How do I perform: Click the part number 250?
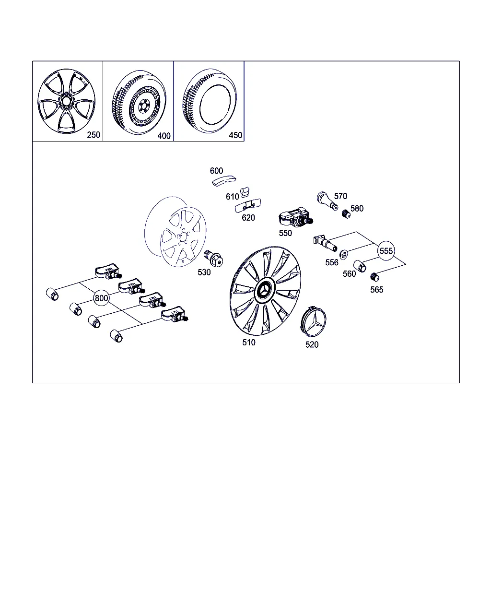pos(94,135)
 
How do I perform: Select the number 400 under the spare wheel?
pos(164,136)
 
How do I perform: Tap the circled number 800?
pos(101,298)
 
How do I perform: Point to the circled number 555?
pos(386,251)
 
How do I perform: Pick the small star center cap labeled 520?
pos(313,321)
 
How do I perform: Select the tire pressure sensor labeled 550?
pos(295,218)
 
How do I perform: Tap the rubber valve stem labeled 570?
pos(327,201)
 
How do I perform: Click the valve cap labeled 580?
pos(346,214)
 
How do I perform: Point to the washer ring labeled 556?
pos(343,254)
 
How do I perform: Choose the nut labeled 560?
pos(360,266)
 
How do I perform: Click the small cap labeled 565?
pos(374,277)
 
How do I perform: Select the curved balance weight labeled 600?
pos(223,181)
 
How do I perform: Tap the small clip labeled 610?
pos(245,192)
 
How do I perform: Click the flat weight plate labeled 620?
pos(248,205)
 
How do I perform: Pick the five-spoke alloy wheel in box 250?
pos(67,101)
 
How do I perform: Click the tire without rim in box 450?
pos(210,101)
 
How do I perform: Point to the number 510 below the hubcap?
pos(249,342)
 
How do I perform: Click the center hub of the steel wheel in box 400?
pos(143,106)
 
